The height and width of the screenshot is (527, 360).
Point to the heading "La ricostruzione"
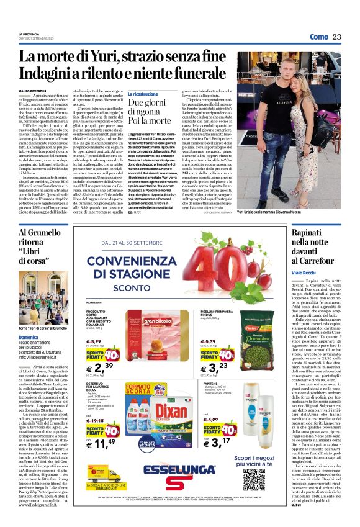143,94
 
